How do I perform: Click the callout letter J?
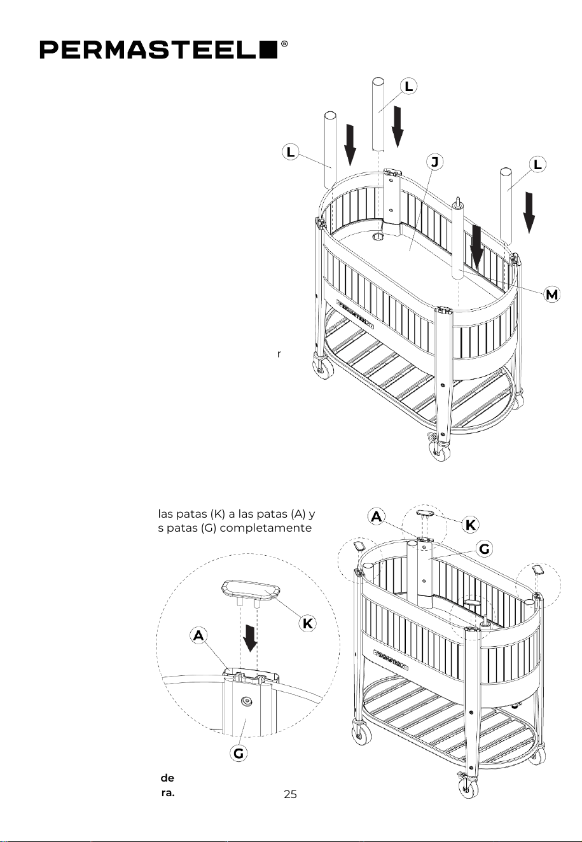tap(434, 162)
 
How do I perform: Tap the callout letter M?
tap(551, 294)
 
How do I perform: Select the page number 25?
tap(290, 794)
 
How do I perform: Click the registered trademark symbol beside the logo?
tap(284, 44)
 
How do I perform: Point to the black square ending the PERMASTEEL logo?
tap(269, 50)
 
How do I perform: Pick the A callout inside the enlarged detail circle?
tap(198, 636)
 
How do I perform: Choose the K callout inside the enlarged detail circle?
tap(307, 624)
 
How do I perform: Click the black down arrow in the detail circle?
tap(250, 638)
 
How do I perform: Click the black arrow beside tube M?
tap(476, 250)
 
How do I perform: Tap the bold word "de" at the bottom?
tap(167, 777)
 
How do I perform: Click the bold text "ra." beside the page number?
tap(167, 794)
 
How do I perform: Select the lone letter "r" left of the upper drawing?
tap(279, 354)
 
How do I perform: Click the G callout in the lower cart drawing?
tap(484, 549)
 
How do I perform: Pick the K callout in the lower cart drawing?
tap(470, 525)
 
